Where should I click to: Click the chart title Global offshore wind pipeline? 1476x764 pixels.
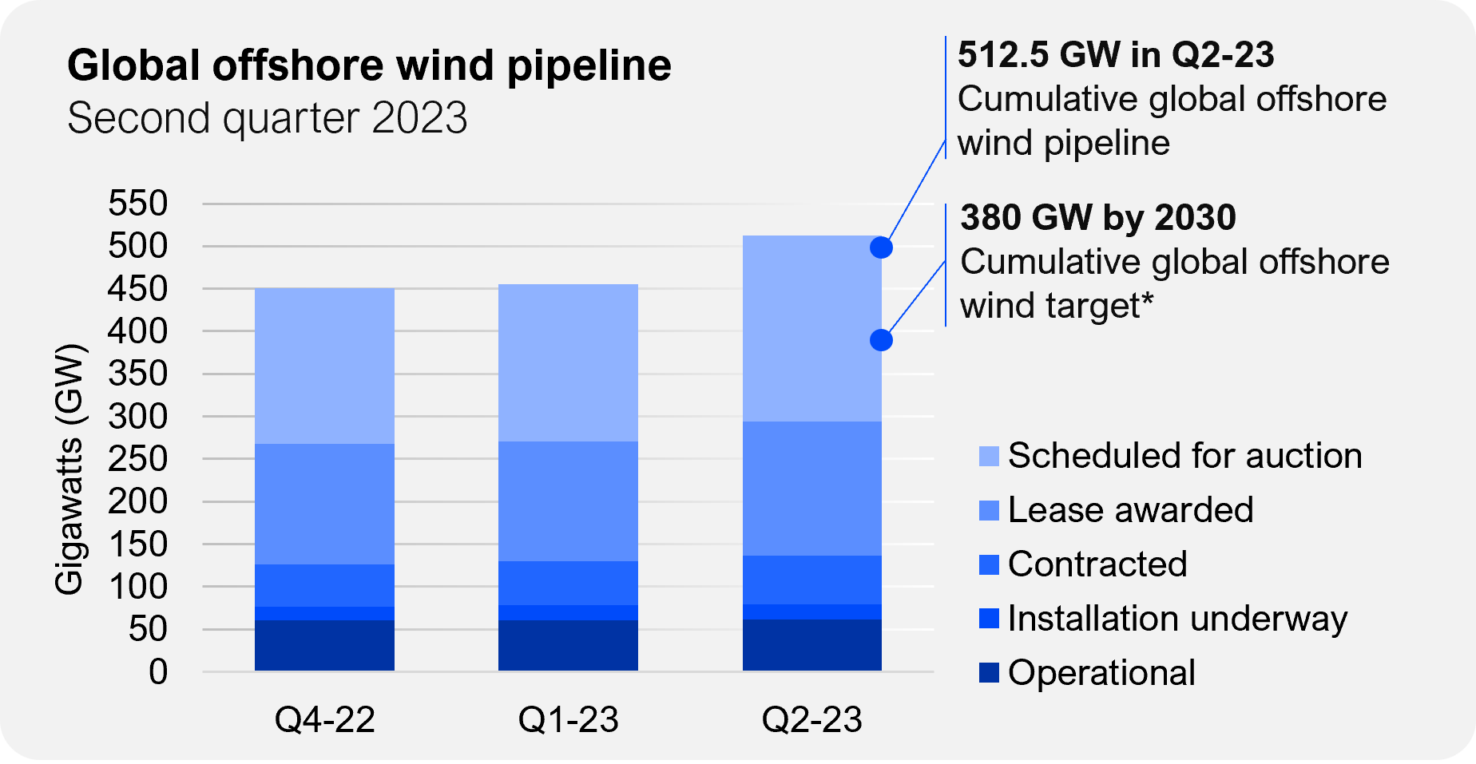coord(369,65)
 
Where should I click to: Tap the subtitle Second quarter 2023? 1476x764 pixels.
coord(267,118)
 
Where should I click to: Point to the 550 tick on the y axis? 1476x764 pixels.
coord(138,204)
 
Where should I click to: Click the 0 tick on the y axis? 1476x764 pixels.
coord(158,672)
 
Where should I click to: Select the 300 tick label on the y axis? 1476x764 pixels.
coord(138,417)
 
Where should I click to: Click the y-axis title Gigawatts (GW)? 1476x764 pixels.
coord(69,469)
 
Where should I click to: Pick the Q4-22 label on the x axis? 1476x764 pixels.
coord(324,720)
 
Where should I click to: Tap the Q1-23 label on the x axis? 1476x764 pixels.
coord(568,720)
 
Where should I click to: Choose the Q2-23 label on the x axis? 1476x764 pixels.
coord(811,720)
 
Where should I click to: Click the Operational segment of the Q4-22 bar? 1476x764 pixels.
coord(324,645)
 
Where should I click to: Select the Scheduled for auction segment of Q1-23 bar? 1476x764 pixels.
coord(568,362)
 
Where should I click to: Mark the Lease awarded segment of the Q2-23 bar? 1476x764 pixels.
coord(811,488)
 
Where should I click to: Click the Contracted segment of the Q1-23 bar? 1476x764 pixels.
coord(568,583)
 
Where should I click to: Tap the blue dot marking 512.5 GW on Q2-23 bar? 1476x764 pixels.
coord(881,247)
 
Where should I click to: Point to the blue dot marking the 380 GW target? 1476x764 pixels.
coord(881,340)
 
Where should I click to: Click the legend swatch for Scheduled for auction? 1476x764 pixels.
coord(989,457)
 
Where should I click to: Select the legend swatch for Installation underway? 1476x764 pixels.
coord(989,619)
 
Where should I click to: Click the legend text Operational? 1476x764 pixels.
coord(1101,673)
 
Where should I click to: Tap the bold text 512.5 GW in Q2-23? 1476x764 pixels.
coord(1116,55)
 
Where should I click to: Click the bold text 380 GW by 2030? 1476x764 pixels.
coord(1097,217)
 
